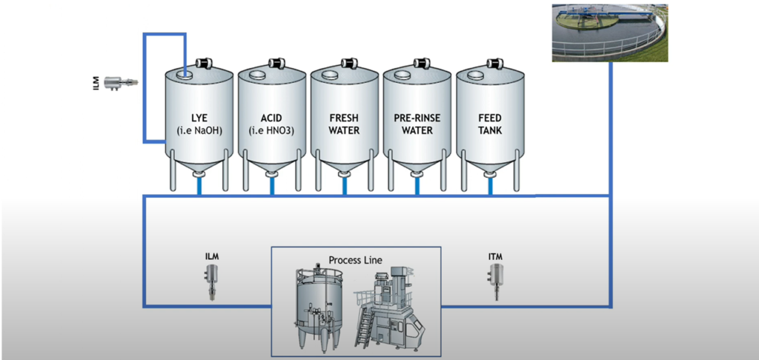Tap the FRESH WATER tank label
click(344, 124)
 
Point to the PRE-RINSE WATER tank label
click(417, 124)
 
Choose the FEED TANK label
click(489, 124)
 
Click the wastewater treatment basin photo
click(609, 31)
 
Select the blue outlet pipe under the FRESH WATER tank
click(344, 186)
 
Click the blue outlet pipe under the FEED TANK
click(489, 186)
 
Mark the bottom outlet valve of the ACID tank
click(271, 175)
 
